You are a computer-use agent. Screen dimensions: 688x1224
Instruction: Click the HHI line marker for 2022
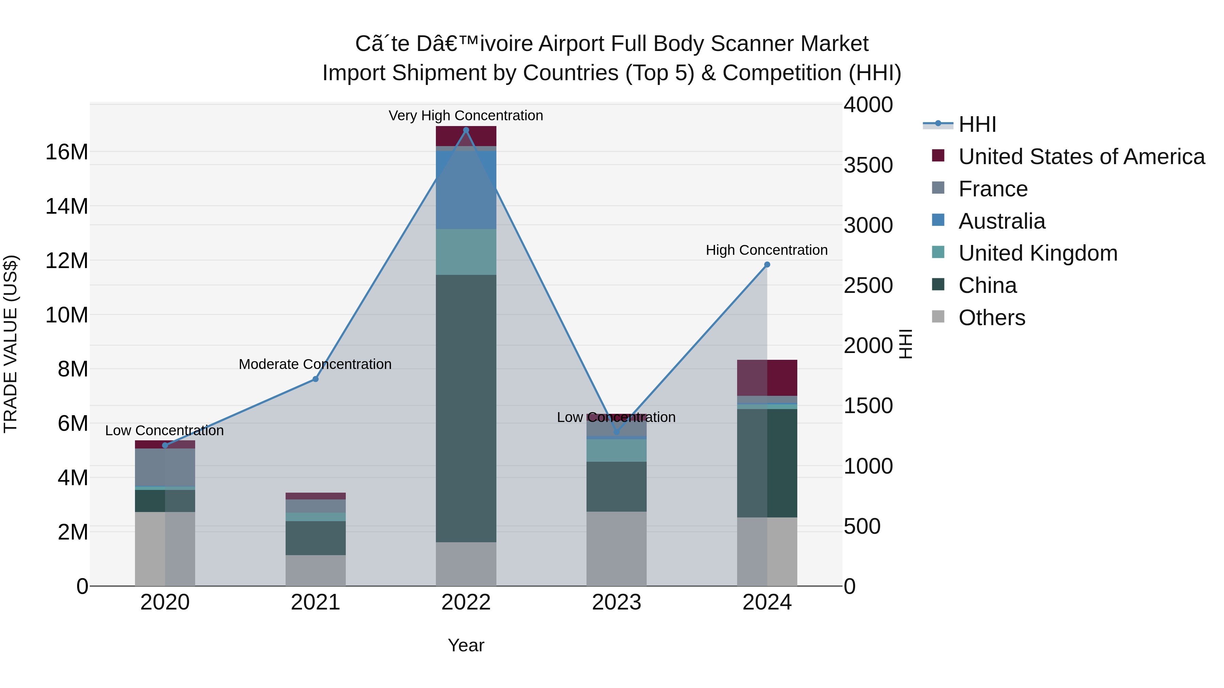pyautogui.click(x=466, y=130)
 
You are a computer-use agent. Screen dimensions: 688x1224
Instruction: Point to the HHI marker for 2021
pyautogui.click(x=316, y=379)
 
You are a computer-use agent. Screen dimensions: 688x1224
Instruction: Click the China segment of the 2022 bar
pyautogui.click(x=466, y=408)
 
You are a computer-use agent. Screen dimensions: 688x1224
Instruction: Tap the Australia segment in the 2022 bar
pyautogui.click(x=466, y=190)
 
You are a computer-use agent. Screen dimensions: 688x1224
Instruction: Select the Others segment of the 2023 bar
pyautogui.click(x=616, y=548)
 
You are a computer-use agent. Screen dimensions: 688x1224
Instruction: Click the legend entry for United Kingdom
pyautogui.click(x=1038, y=253)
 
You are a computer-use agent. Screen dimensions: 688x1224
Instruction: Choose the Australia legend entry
pyautogui.click(x=1002, y=221)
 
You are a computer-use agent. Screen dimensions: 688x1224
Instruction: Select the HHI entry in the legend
pyautogui.click(x=977, y=124)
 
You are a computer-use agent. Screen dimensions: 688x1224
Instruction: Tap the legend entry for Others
pyautogui.click(x=992, y=318)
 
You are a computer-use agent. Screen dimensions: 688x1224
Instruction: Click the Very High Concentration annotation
pyautogui.click(x=466, y=116)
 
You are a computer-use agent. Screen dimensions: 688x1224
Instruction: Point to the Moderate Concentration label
pyautogui.click(x=315, y=364)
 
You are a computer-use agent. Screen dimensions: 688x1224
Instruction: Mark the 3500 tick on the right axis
pyautogui.click(x=868, y=165)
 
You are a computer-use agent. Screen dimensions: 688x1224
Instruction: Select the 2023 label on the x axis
pyautogui.click(x=616, y=602)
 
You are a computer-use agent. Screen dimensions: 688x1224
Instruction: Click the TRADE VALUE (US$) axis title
pyautogui.click(x=11, y=344)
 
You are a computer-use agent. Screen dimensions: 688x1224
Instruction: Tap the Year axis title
pyautogui.click(x=466, y=645)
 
